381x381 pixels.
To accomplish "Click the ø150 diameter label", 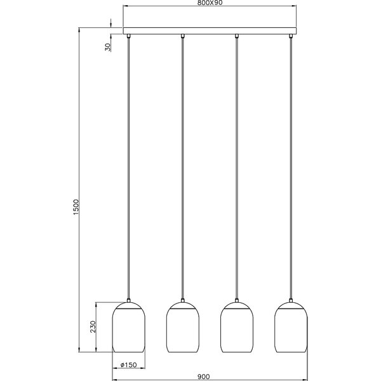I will point(130,364).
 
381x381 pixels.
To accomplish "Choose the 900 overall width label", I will point(203,377).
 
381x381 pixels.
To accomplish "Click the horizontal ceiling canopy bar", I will point(210,31).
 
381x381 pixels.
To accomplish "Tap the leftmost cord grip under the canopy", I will point(129,37).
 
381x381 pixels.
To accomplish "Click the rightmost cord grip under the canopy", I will point(291,37).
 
